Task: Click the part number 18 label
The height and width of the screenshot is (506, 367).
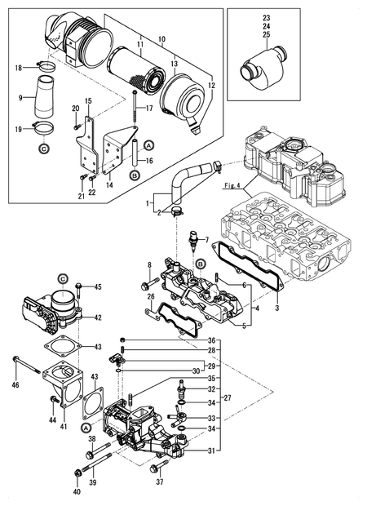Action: [20, 69]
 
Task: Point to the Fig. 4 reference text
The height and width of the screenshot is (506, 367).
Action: [232, 186]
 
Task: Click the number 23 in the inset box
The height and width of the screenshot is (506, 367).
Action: [265, 17]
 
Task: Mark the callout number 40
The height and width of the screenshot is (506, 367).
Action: [77, 492]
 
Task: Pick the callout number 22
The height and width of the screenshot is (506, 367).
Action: [92, 193]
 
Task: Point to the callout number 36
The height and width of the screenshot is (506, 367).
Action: [211, 340]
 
